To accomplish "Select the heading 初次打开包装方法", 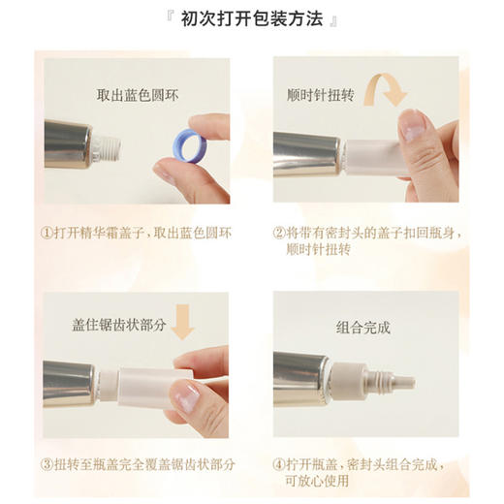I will coord(252,20).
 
